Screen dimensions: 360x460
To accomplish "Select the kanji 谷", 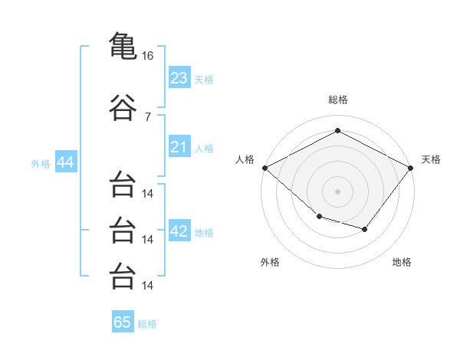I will (x=123, y=108).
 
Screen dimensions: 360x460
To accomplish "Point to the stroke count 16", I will (x=148, y=56).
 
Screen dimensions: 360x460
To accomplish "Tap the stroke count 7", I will (x=147, y=116).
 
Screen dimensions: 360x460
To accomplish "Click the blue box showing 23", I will (x=179, y=78).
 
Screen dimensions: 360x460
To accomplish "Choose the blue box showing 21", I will (x=179, y=147).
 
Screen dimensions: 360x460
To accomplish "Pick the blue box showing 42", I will (x=179, y=232).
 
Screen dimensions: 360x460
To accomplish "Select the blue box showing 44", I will (x=64, y=162).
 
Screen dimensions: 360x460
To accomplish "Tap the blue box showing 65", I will (x=123, y=322).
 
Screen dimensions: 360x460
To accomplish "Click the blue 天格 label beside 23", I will (x=203, y=79).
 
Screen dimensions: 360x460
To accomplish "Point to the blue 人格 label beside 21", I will (x=203, y=148).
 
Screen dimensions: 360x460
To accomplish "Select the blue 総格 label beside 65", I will (x=147, y=323).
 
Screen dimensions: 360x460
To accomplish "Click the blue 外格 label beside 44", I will (x=41, y=163).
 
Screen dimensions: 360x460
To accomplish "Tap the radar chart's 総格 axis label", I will (x=337, y=100).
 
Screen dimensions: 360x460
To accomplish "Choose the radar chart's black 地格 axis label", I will (x=402, y=262).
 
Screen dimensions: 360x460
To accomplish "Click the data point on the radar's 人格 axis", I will (x=264, y=168).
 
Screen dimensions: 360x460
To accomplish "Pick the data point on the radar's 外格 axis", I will (x=319, y=218).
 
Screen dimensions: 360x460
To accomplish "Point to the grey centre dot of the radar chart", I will (x=337, y=191).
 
